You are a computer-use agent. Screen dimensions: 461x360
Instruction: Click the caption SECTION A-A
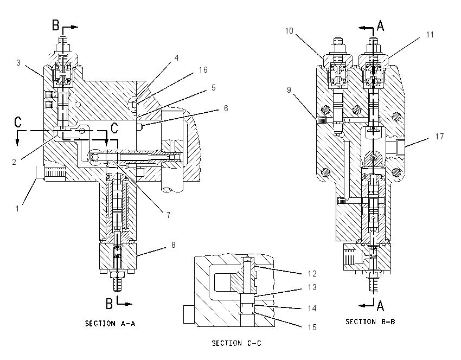[x=110, y=324]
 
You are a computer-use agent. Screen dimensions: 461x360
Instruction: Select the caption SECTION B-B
[x=370, y=322]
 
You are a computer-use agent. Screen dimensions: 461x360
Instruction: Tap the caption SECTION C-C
[x=236, y=343]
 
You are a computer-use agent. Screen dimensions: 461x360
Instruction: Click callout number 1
[x=17, y=209]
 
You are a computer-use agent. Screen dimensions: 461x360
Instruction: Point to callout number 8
[x=174, y=245]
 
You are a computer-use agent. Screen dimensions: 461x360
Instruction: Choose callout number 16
[x=203, y=70]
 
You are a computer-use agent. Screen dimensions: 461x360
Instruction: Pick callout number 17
[x=439, y=137]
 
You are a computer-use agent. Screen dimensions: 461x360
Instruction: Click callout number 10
[x=289, y=31]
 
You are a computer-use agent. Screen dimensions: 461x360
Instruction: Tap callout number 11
[x=430, y=35]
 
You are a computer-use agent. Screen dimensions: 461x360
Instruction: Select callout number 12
[x=312, y=274]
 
